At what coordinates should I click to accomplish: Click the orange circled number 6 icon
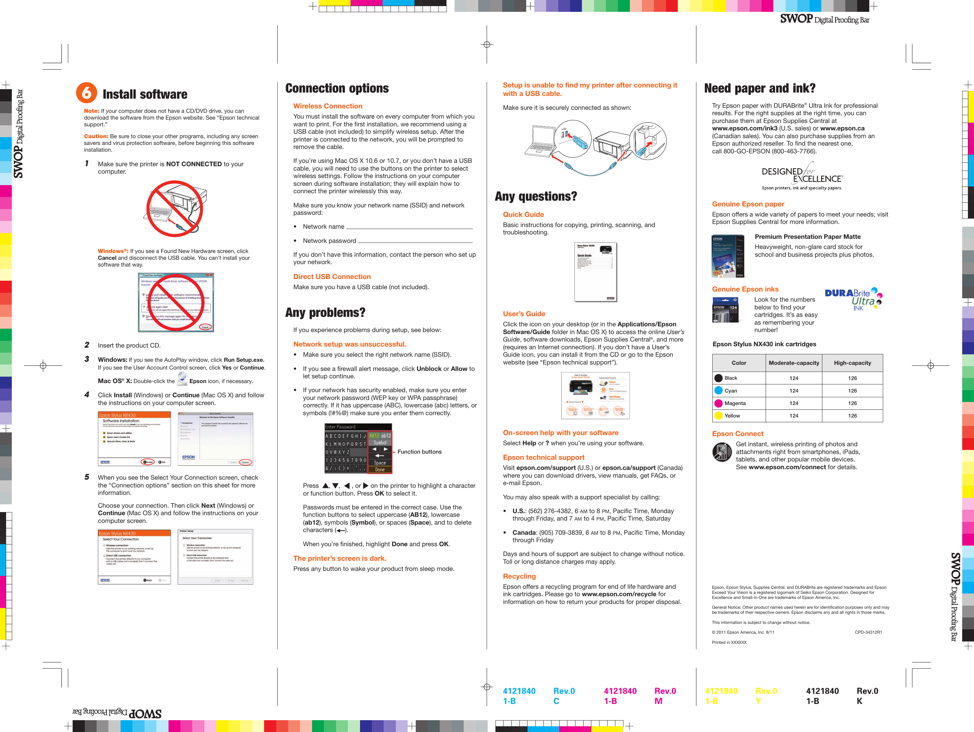[x=86, y=93]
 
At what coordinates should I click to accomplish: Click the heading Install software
[x=145, y=94]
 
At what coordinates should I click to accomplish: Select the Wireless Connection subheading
[x=328, y=106]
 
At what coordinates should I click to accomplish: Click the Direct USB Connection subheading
[x=332, y=277]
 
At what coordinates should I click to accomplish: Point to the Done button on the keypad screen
[x=380, y=470]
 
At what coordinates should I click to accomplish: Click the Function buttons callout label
[x=419, y=451]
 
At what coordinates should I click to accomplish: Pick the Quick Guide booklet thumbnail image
[x=595, y=272]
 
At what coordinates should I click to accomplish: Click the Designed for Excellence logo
[x=802, y=176]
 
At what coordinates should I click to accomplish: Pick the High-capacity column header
[x=852, y=363]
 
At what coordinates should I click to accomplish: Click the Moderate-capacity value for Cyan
[x=793, y=391]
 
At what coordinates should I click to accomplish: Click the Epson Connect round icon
[x=722, y=452]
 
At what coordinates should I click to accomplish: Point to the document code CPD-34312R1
[x=868, y=632]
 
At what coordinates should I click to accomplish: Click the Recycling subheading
[x=519, y=576]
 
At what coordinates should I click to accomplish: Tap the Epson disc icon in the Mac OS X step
[x=182, y=379]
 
